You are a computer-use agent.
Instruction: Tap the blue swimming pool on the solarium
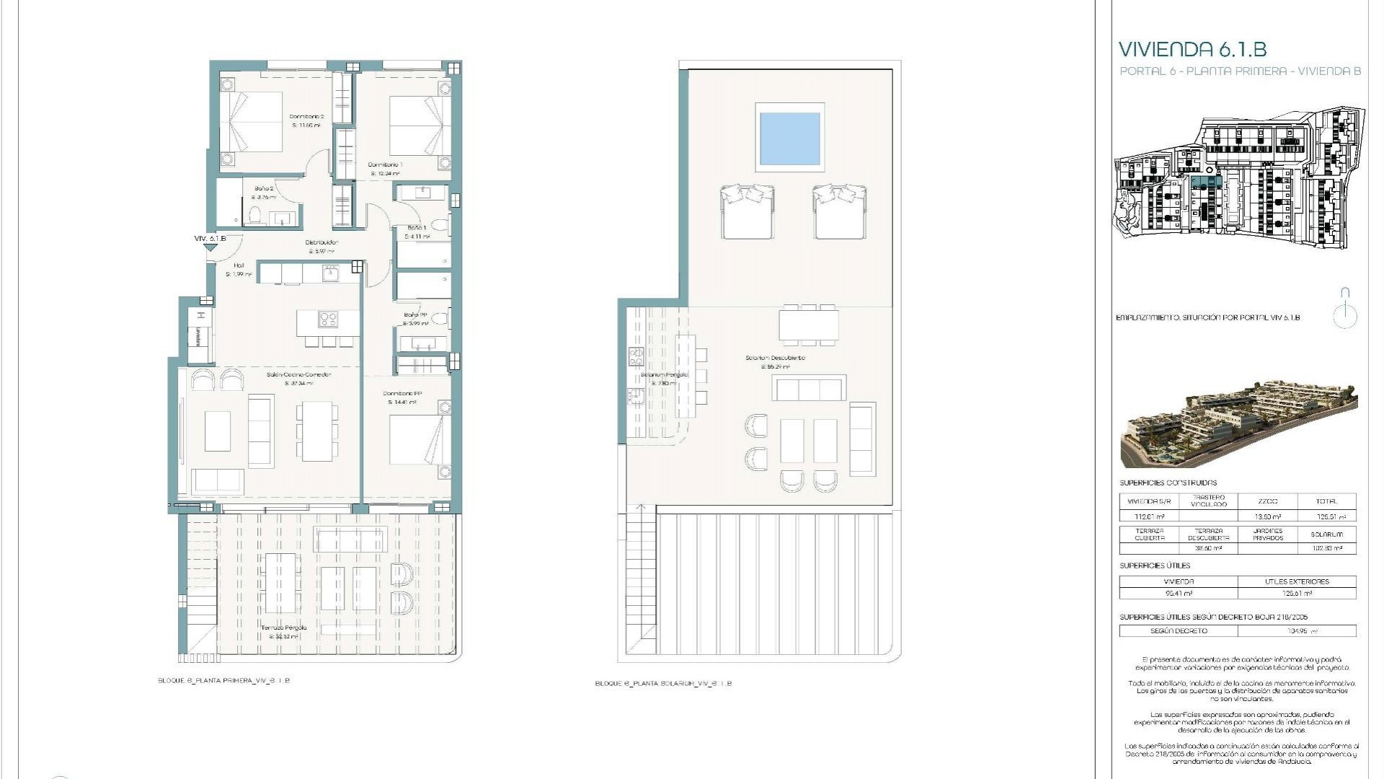(x=789, y=138)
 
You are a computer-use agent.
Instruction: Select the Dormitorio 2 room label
(x=306, y=117)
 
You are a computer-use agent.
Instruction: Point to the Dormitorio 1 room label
(x=385, y=165)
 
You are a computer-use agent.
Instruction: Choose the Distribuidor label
(x=321, y=243)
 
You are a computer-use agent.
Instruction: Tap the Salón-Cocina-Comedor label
(x=298, y=375)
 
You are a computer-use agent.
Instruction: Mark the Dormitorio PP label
(x=402, y=394)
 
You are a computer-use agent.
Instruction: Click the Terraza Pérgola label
(x=283, y=628)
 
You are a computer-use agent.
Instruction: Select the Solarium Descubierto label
(x=775, y=358)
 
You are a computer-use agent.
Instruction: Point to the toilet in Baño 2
(x=254, y=215)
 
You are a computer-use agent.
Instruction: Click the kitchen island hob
(x=329, y=319)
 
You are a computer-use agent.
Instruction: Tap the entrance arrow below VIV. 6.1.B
(x=210, y=247)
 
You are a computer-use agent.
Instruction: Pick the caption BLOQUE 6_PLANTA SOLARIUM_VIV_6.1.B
(x=663, y=684)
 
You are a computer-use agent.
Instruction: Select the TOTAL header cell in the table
(x=1326, y=501)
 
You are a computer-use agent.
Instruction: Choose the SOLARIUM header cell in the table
(x=1326, y=534)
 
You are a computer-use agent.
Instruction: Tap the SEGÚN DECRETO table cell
(x=1179, y=631)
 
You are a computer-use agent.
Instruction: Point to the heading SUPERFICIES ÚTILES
(x=1155, y=566)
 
